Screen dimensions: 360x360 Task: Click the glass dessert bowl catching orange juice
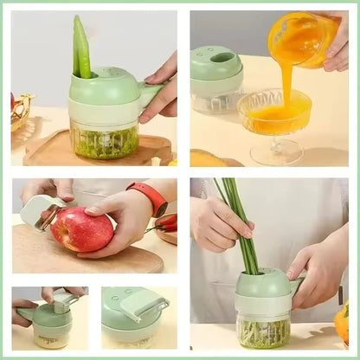tap(274, 112)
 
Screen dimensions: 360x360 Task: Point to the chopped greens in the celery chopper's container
tap(104, 143)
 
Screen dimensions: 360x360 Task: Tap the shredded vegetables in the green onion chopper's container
tap(265, 332)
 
